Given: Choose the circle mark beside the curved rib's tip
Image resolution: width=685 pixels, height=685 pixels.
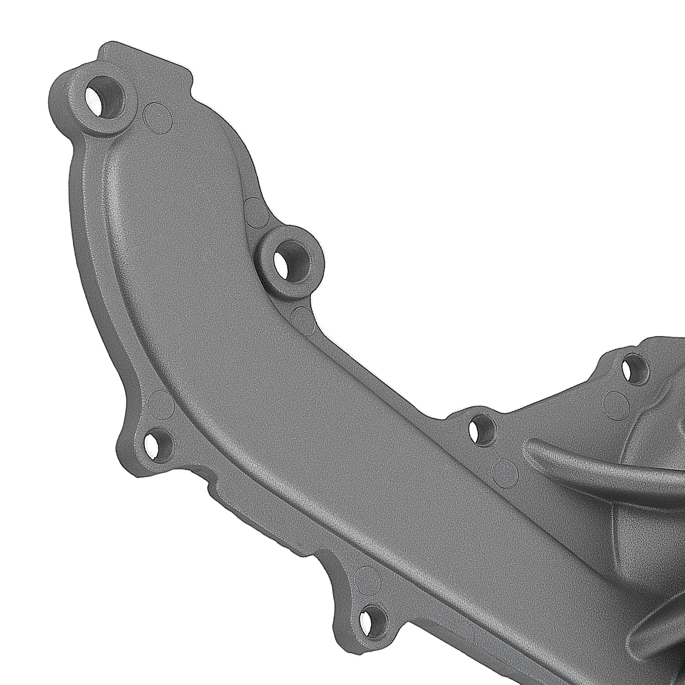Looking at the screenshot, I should pos(505,470).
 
